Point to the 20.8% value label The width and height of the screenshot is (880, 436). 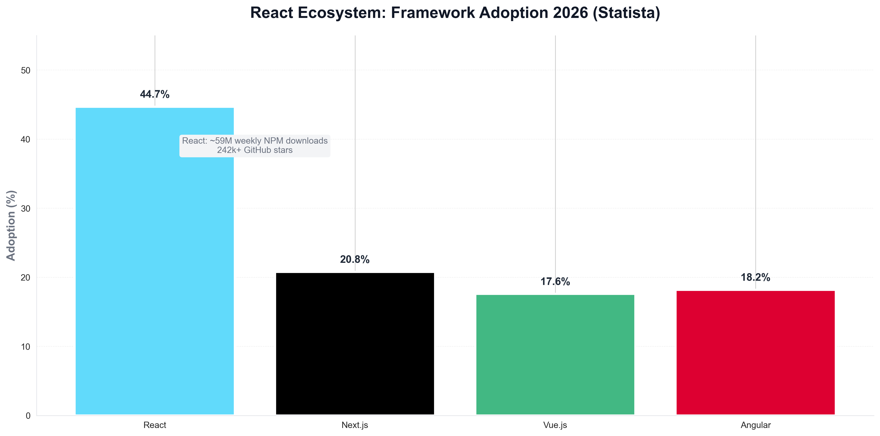click(355, 260)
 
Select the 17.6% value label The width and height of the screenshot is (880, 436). click(555, 282)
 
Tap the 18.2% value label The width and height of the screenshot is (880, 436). click(755, 277)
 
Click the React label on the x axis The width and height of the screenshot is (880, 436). click(155, 425)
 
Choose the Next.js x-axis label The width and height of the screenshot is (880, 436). click(355, 425)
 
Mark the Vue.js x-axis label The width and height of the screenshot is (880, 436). click(555, 425)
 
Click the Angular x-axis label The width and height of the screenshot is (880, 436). click(756, 425)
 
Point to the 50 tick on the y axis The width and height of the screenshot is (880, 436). click(26, 71)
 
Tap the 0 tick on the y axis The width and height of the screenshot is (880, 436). click(28, 416)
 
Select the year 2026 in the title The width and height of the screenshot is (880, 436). click(570, 13)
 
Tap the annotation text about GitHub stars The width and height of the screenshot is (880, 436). click(255, 150)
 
